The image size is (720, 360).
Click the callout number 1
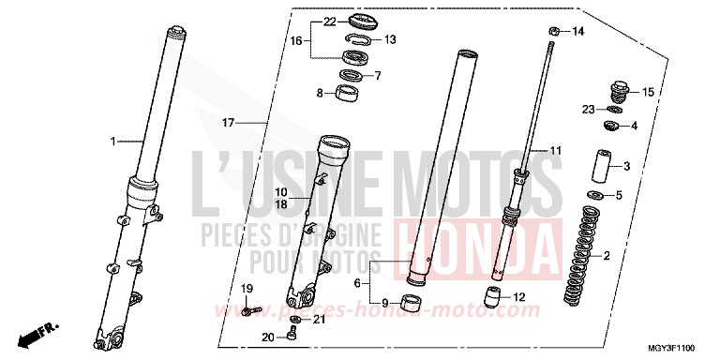(x=112, y=142)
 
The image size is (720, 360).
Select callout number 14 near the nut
(x=578, y=32)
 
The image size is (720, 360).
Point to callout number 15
(x=647, y=91)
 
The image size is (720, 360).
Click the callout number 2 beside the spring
(x=607, y=256)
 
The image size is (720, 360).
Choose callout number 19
(x=247, y=288)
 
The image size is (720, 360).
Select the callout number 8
(x=320, y=93)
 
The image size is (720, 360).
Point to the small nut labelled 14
(x=555, y=32)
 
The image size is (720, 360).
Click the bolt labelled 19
(x=249, y=307)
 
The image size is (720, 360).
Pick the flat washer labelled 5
(x=592, y=195)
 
